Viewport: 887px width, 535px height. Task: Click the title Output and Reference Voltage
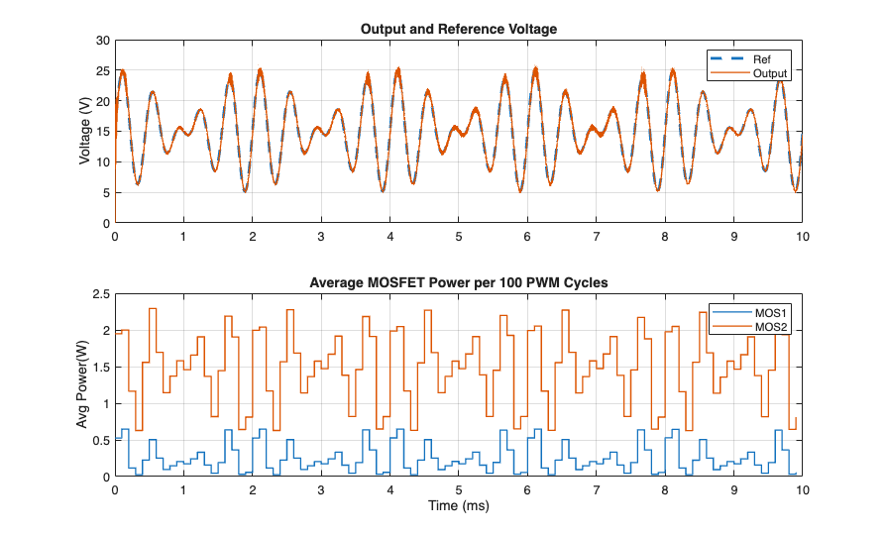458,29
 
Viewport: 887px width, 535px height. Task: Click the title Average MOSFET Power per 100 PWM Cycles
458,282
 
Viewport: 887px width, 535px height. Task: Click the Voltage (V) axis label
86,132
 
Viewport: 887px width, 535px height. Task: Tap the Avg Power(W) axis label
86,385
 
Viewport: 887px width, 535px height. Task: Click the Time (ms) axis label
458,505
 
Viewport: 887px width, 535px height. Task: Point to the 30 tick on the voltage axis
102,41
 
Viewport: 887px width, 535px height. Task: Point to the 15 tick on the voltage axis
102,132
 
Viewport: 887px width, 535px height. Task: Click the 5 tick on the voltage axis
105,193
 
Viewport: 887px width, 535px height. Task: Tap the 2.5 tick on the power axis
99,294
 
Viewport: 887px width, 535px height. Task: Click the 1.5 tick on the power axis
99,368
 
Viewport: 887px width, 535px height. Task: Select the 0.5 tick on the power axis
99,440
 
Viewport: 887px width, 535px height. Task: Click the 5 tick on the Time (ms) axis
459,489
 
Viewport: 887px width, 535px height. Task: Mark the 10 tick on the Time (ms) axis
802,489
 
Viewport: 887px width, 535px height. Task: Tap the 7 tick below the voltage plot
596,237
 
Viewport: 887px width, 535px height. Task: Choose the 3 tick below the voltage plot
321,237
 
